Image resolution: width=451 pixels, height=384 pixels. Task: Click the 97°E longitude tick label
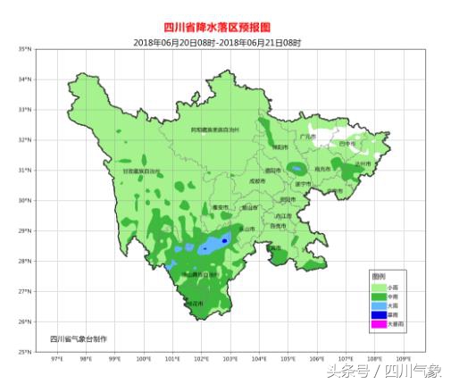click(x=57, y=359)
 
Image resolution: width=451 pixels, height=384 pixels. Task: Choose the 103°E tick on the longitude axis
click(x=230, y=359)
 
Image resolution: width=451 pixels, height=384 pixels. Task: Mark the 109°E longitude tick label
click(x=404, y=359)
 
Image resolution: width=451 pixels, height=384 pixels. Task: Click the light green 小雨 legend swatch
click(x=379, y=287)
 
